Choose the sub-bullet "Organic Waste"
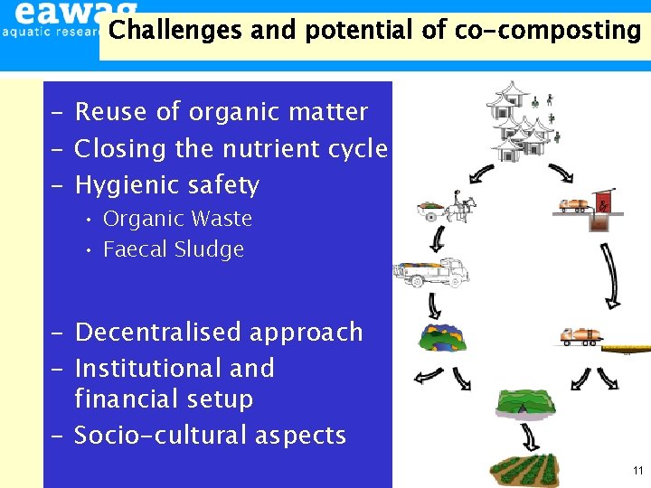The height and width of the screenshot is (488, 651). [177, 219]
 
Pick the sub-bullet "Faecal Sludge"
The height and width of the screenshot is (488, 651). [174, 249]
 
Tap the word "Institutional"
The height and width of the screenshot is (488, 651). [149, 369]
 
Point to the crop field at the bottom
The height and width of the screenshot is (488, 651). [521, 468]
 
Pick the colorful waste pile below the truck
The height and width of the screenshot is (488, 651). [439, 337]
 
